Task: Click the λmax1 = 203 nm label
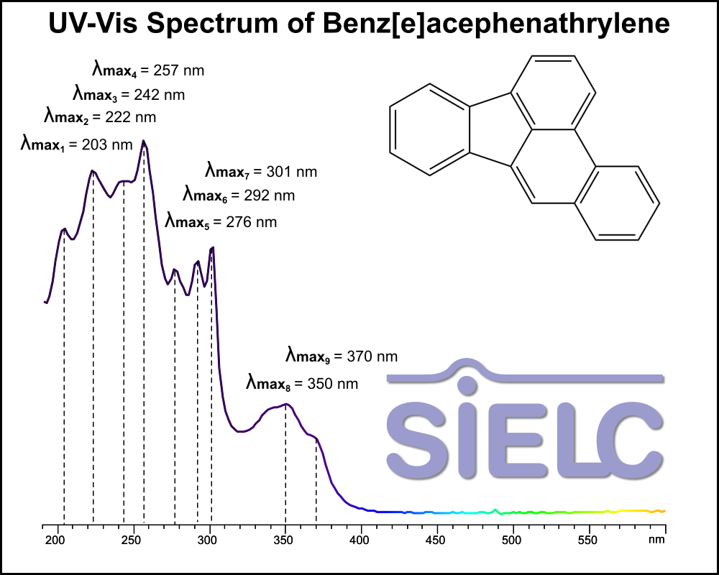(x=76, y=144)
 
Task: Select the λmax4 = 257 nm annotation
(x=148, y=70)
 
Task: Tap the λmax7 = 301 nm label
(x=261, y=172)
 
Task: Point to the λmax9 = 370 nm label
(x=342, y=356)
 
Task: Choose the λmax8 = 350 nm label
(x=302, y=383)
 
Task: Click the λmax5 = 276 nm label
(x=221, y=221)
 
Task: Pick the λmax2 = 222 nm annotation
(x=100, y=116)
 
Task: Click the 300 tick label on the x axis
(x=209, y=538)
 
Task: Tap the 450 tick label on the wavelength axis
(x=436, y=538)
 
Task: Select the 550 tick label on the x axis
(x=588, y=538)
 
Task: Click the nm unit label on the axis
(x=656, y=538)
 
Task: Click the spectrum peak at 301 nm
(x=213, y=248)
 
